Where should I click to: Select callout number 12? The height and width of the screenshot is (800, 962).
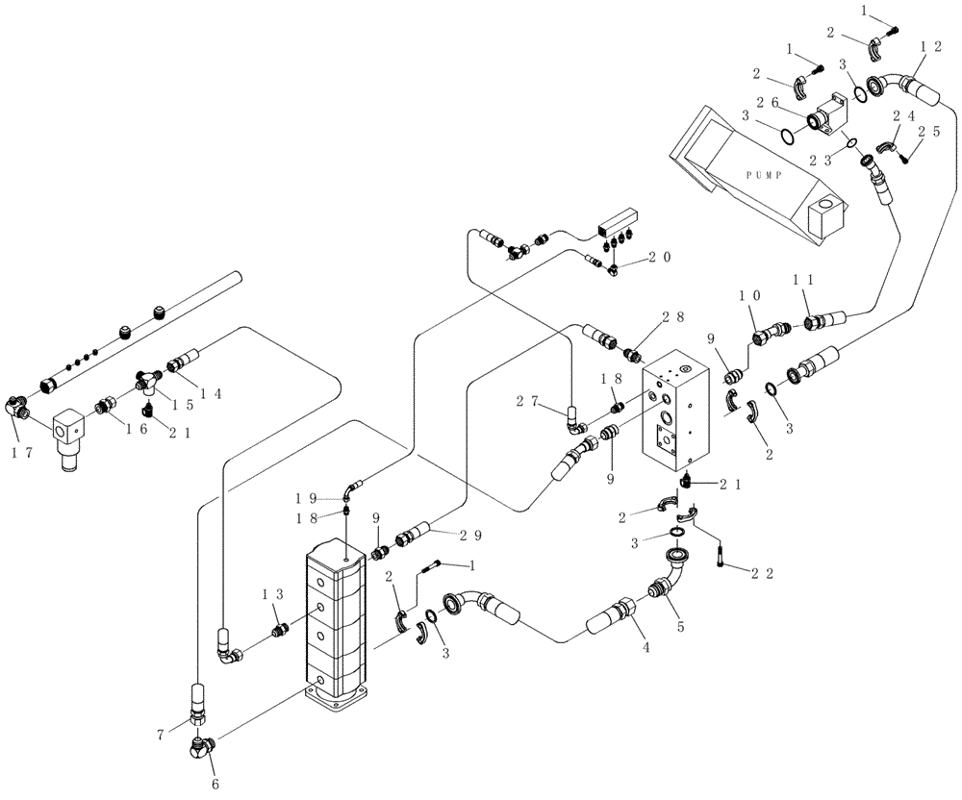929,47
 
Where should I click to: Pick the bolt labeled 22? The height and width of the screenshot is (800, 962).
721,555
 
